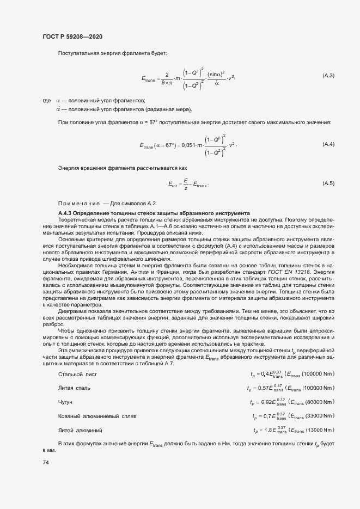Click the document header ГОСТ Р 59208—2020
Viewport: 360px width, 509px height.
[72, 36]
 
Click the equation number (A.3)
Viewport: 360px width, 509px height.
[328, 75]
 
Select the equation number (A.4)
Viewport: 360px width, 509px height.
[328, 144]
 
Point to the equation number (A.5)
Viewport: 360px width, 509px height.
[328, 183]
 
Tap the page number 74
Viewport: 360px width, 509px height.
[45, 462]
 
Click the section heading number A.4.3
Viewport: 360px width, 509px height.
[66, 213]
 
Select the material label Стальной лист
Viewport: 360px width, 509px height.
[77, 374]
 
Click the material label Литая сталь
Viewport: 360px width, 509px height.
[74, 388]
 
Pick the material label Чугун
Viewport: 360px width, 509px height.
[65, 402]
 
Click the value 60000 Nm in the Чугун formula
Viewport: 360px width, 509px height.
[320, 402]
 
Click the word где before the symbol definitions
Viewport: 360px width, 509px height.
[46, 101]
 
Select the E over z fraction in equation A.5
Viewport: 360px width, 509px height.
[186, 183]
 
